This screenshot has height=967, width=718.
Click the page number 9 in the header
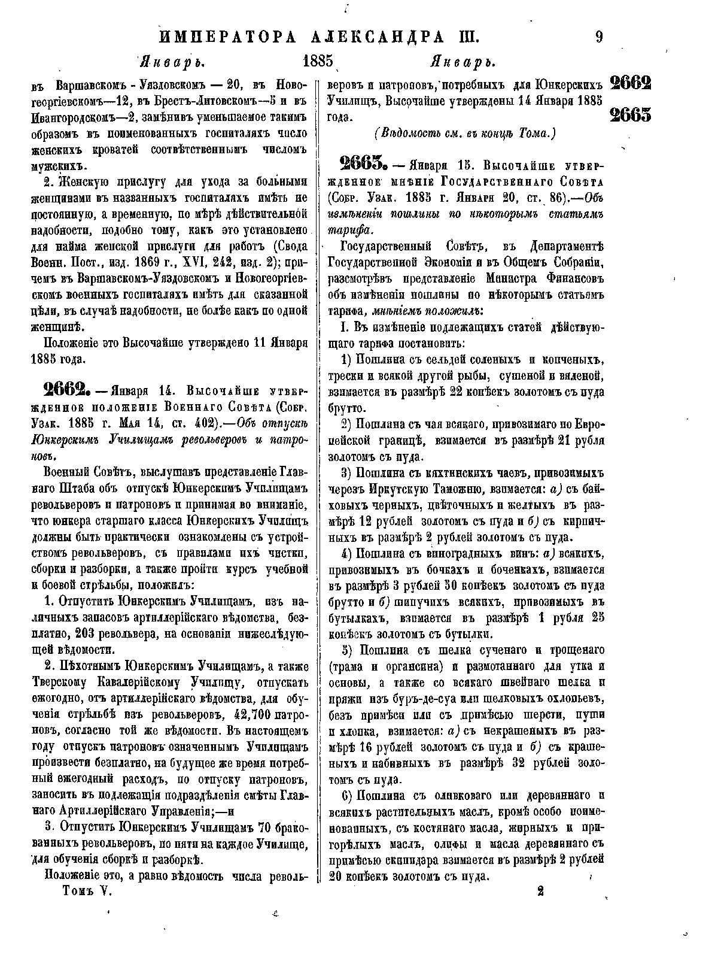point(599,37)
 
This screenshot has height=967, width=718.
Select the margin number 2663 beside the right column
point(631,114)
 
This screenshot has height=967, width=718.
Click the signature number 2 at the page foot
point(540,891)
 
